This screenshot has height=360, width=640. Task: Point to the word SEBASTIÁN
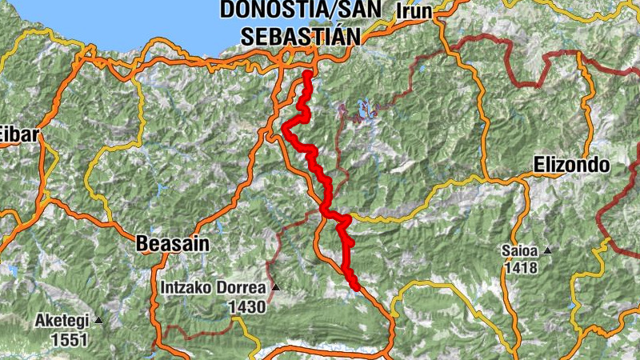coord(301,36)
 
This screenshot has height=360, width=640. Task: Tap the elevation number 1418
coord(521,267)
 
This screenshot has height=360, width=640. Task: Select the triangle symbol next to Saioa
coord(547,251)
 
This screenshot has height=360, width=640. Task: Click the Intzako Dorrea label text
coord(214,287)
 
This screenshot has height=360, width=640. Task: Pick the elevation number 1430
coord(246,306)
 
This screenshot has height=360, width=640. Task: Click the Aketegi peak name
coord(62,322)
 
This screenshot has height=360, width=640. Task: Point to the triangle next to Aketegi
coord(98,322)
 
